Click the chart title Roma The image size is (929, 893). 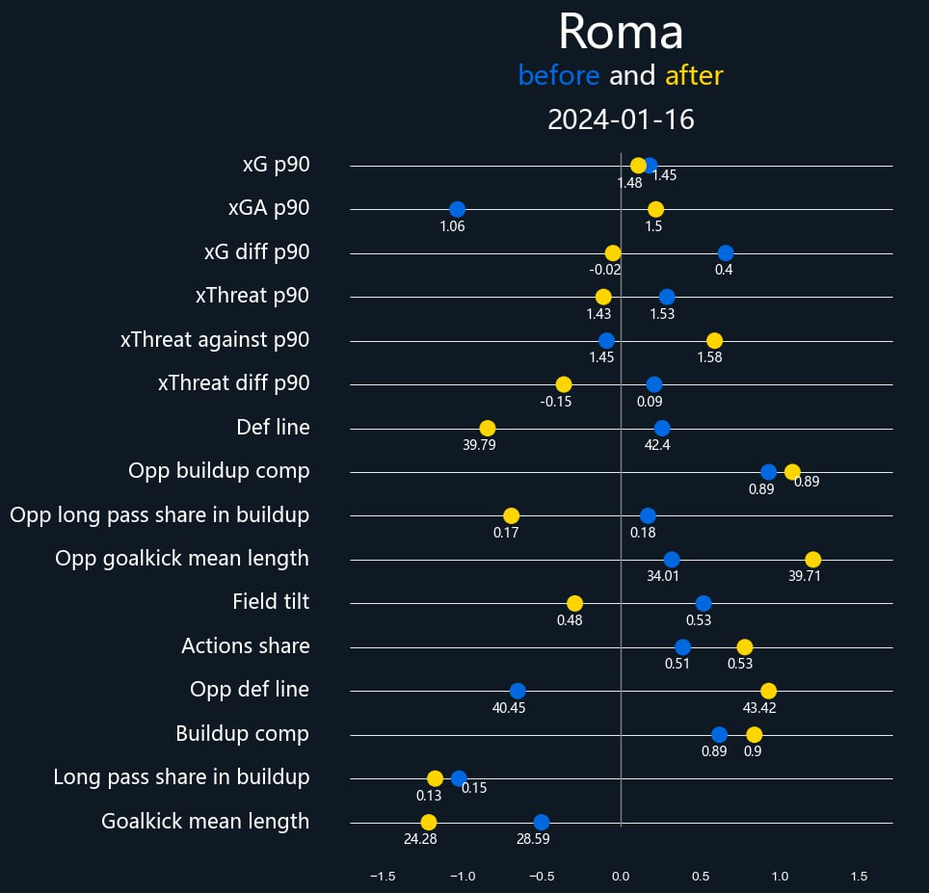click(x=621, y=33)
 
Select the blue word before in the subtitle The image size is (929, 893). click(x=558, y=75)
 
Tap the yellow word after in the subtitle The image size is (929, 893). click(x=694, y=75)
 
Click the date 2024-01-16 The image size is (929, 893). click(x=621, y=119)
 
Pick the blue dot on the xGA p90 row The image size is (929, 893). click(x=457, y=209)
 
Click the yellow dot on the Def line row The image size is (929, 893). click(x=488, y=428)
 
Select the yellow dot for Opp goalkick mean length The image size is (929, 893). click(x=813, y=560)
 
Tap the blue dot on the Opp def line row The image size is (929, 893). click(x=518, y=691)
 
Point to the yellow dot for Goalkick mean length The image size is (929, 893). click(x=429, y=822)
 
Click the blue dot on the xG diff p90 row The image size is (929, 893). click(x=726, y=253)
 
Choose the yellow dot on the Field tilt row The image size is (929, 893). click(x=574, y=603)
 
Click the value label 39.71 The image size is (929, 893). click(x=805, y=576)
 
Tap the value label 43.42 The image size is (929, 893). click(x=759, y=707)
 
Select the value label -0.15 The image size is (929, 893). click(x=556, y=401)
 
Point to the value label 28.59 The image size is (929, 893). click(x=533, y=839)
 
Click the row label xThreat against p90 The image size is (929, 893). click(x=215, y=340)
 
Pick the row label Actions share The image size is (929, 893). click(x=246, y=645)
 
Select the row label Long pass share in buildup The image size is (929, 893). click(x=181, y=776)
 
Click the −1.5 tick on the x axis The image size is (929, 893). click(x=382, y=877)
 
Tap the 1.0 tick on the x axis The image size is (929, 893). click(x=780, y=877)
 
